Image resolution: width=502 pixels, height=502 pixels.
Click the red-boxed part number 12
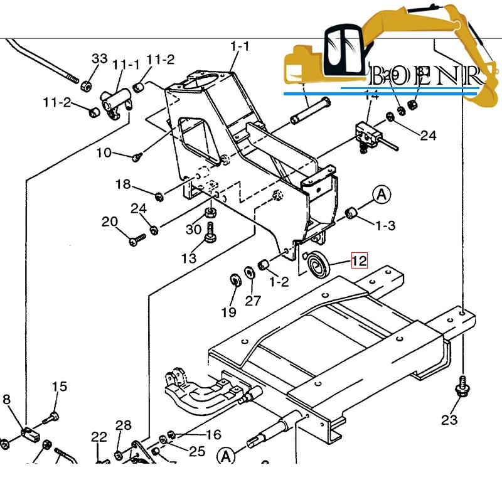pos(359,260)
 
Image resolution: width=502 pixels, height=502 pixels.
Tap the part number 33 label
pos(100,59)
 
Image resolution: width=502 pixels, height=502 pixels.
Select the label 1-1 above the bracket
pos(240,46)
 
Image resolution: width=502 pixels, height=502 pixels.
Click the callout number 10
pos(104,152)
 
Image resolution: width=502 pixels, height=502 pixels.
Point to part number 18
pos(123,184)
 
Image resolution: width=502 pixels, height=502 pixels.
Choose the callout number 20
pos(110,222)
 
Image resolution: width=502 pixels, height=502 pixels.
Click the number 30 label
pos(193,230)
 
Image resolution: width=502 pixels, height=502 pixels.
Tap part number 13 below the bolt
pos(189,258)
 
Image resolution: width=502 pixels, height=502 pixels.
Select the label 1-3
pos(385,225)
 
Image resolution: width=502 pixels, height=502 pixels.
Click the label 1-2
pos(279,282)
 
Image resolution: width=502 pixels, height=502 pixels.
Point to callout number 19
pos(228,312)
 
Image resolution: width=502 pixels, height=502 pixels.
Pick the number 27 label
pos(252,301)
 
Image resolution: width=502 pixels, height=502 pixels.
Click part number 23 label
pos(449,420)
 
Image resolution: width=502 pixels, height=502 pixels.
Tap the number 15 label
pos(59,387)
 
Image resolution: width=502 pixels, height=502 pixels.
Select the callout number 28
pos(123,426)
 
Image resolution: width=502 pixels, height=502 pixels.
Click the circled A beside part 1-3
pos(382,195)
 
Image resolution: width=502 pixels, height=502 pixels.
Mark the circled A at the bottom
pos(226,455)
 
